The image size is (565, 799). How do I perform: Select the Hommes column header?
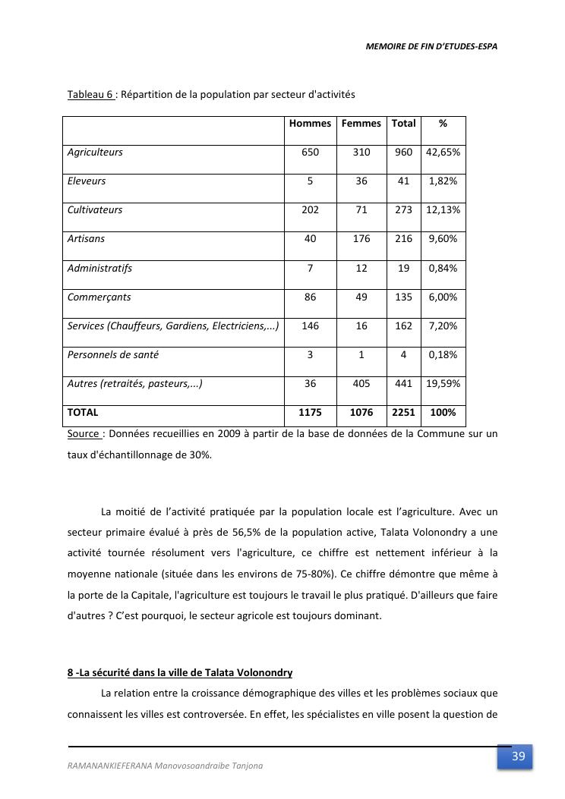click(x=310, y=124)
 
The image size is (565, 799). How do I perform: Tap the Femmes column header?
click(x=361, y=124)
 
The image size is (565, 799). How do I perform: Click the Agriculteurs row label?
click(x=95, y=153)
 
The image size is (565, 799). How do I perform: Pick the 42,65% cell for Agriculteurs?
click(x=443, y=153)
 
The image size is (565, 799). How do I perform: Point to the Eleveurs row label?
click(x=87, y=181)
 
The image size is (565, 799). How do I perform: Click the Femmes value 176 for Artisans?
click(x=361, y=239)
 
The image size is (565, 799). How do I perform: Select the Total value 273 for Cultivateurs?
click(x=403, y=210)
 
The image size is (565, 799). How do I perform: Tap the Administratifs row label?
click(x=99, y=268)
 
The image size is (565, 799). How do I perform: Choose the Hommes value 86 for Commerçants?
click(x=310, y=297)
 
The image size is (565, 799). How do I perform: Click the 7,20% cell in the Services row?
click(x=443, y=326)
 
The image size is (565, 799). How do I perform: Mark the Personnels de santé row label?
click(x=113, y=355)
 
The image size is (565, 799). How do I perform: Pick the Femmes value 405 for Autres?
click(x=361, y=384)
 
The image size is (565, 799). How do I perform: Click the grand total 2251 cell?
click(x=403, y=413)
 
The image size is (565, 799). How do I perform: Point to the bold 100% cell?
click(x=443, y=413)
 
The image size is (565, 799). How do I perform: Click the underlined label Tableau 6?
click(x=90, y=95)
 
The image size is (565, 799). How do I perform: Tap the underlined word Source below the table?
click(x=84, y=434)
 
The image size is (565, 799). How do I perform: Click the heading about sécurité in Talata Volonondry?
click(x=180, y=673)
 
